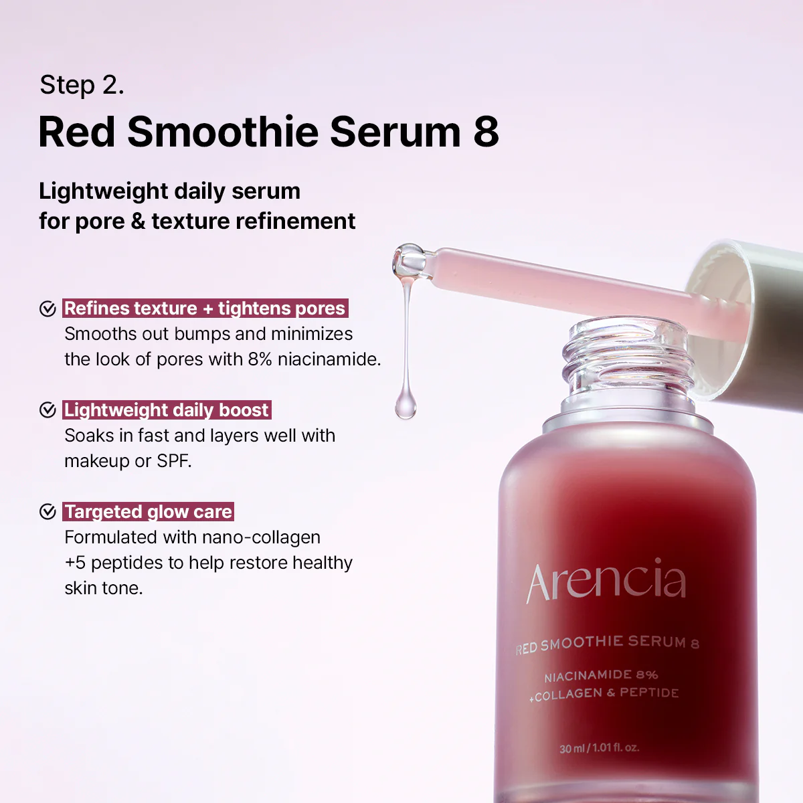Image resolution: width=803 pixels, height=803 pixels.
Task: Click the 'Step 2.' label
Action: pyautogui.click(x=82, y=86)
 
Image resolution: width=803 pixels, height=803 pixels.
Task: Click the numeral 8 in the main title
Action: pyautogui.click(x=486, y=132)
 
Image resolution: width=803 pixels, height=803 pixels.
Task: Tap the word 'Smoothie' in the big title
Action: pyautogui.click(x=223, y=132)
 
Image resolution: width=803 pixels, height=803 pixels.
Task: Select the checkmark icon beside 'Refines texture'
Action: pyautogui.click(x=48, y=308)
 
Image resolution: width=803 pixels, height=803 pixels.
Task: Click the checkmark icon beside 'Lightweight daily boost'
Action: pyautogui.click(x=48, y=410)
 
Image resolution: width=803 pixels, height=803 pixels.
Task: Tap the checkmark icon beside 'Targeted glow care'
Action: pyautogui.click(x=48, y=512)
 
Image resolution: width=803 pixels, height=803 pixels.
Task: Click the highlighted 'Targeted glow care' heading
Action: pyautogui.click(x=148, y=512)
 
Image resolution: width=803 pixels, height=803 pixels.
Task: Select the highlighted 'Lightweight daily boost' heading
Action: pyautogui.click(x=167, y=410)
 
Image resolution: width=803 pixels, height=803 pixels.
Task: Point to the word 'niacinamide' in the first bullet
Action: pyautogui.click(x=329, y=359)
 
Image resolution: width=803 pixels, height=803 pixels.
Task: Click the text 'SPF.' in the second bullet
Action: pyautogui.click(x=174, y=461)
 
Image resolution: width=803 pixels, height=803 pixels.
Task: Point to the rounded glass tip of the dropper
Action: pyautogui.click(x=408, y=261)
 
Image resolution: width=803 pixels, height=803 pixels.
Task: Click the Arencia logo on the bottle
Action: pyautogui.click(x=606, y=580)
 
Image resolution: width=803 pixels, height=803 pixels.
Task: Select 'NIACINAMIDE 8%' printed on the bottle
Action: pyautogui.click(x=601, y=676)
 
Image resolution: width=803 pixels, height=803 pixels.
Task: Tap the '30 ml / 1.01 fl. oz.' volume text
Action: pyautogui.click(x=599, y=747)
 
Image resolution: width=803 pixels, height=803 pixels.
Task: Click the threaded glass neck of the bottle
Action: pyautogui.click(x=628, y=359)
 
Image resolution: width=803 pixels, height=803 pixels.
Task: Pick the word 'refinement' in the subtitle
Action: pyautogui.click(x=296, y=221)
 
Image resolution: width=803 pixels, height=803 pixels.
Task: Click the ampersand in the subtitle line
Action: pyautogui.click(x=138, y=221)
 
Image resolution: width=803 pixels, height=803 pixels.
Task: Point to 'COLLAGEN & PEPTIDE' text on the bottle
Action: pyautogui.click(x=604, y=694)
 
